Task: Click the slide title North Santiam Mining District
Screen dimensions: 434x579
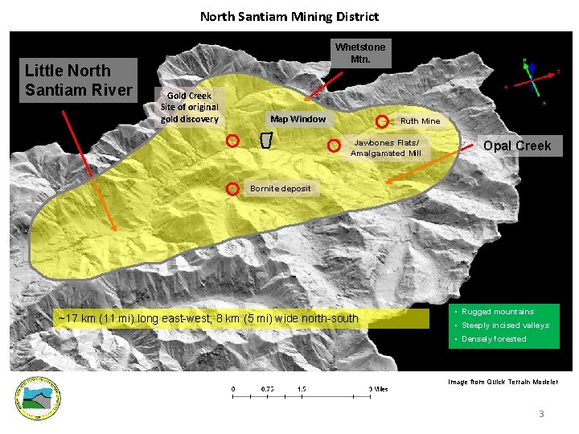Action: point(289,16)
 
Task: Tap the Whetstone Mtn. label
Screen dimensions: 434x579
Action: point(360,53)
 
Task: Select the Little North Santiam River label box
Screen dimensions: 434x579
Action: point(78,80)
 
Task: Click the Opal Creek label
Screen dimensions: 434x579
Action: point(517,145)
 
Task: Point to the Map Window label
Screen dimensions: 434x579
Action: point(298,119)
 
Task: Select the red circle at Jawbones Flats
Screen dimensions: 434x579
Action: point(333,146)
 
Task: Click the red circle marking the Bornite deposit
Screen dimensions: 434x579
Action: point(232,189)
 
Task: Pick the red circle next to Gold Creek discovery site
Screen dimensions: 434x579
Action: point(232,140)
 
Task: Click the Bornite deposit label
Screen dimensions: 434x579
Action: point(281,189)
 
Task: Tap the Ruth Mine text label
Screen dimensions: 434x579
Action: point(420,121)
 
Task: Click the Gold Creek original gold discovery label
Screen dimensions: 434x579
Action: point(189,107)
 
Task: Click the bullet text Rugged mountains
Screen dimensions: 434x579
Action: point(497,312)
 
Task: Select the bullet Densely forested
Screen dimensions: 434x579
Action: point(494,339)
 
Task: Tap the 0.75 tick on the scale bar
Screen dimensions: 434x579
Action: point(267,389)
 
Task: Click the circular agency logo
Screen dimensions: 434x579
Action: point(39,399)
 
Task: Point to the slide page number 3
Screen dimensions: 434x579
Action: point(541,414)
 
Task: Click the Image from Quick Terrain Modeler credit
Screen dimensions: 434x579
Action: point(502,382)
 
